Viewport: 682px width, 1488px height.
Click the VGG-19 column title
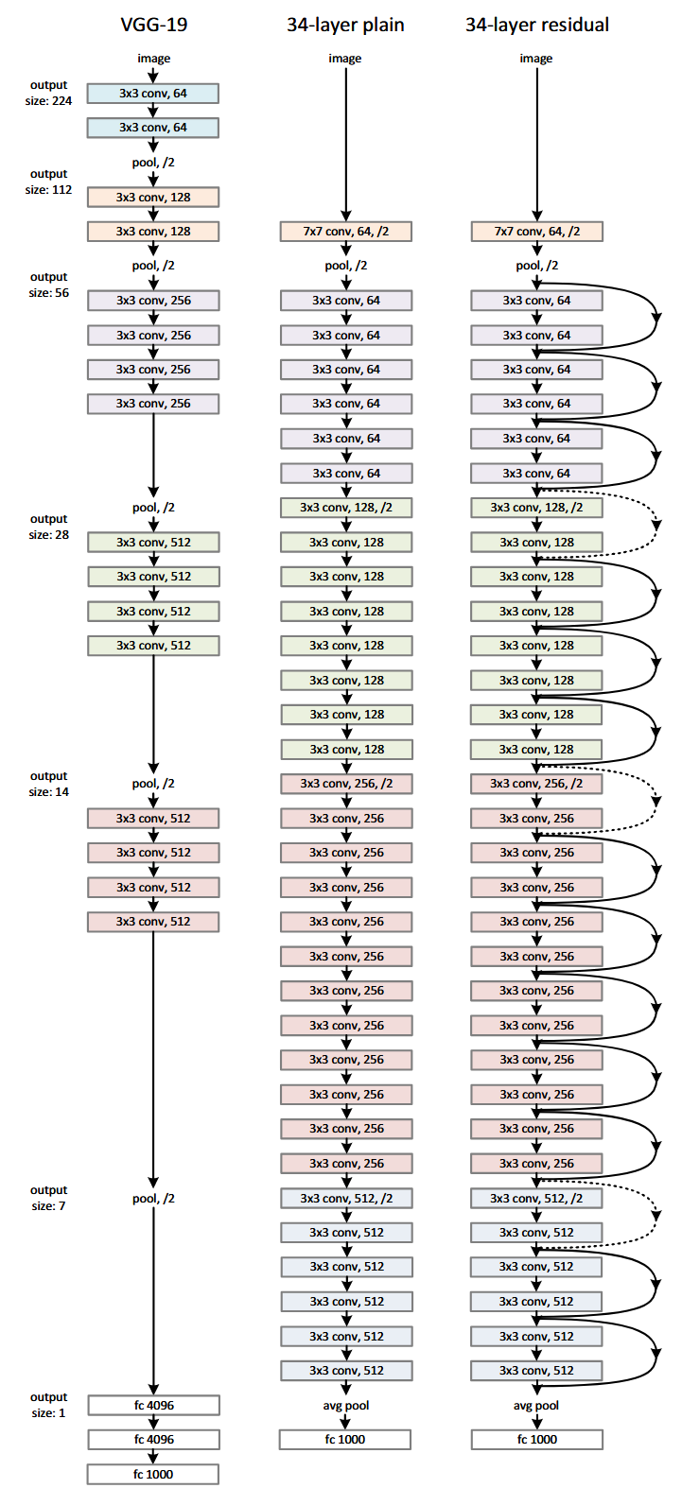tap(153, 25)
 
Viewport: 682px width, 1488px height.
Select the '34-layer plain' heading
tap(345, 25)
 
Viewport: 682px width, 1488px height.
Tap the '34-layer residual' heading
tap(536, 25)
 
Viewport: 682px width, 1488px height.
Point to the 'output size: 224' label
tap(48, 93)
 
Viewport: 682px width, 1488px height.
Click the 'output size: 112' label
tap(48, 182)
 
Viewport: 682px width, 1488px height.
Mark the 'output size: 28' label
tap(48, 527)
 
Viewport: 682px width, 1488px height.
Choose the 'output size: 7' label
tap(48, 1198)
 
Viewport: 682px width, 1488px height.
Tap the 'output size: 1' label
tap(48, 1405)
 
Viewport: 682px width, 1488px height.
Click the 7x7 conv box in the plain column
tap(345, 232)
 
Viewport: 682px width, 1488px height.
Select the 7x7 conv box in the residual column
tap(536, 232)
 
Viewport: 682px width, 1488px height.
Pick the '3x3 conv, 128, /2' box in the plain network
tap(345, 508)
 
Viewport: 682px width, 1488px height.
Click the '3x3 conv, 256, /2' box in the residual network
tap(536, 784)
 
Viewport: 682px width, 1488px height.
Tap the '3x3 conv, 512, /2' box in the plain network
tap(345, 1198)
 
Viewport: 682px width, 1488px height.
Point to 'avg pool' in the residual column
tap(536, 1406)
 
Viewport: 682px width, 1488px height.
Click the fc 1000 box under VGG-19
tap(153, 1474)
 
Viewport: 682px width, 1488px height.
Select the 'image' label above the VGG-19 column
tap(153, 59)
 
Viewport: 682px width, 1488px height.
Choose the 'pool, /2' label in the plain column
tap(345, 266)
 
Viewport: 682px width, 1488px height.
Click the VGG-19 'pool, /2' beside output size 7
tap(153, 1199)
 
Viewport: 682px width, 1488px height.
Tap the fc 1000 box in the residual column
tap(536, 1440)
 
